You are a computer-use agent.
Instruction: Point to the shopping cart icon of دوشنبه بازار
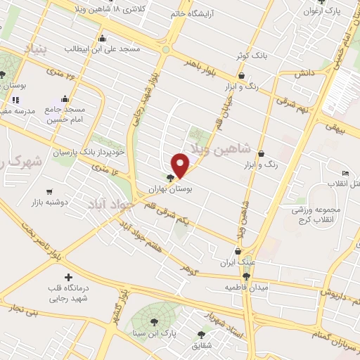point(49,191)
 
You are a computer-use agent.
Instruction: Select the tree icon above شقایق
point(202,335)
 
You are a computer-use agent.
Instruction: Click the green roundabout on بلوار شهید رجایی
point(166,49)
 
